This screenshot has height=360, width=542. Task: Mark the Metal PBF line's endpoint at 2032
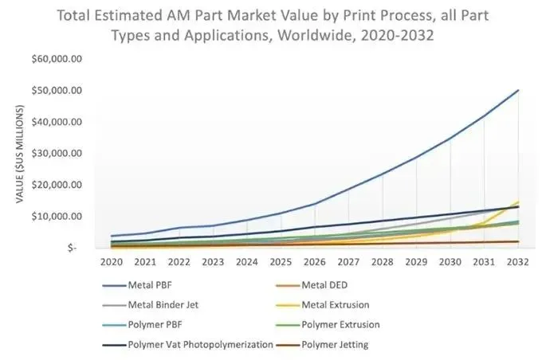(518, 90)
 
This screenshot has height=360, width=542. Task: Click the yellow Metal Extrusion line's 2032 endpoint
(518, 202)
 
